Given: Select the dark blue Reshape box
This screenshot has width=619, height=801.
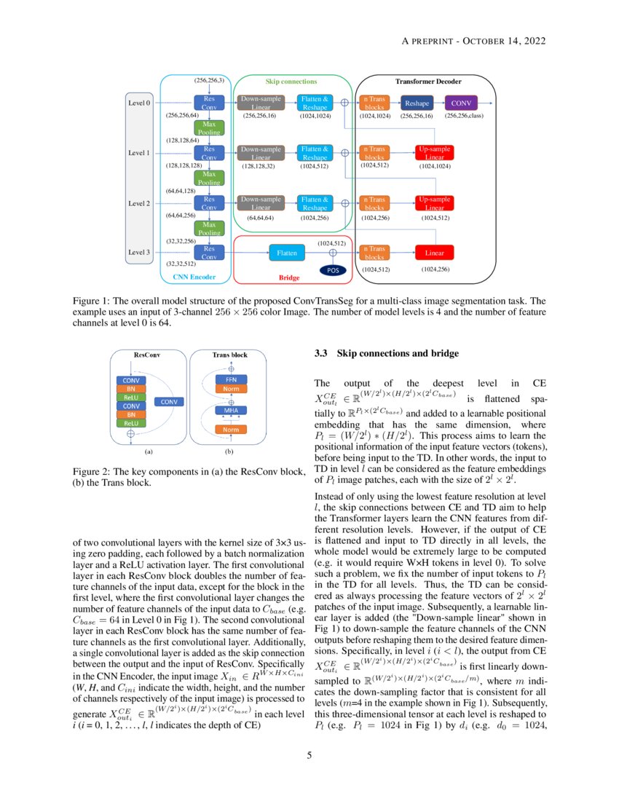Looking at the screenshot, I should (x=417, y=103).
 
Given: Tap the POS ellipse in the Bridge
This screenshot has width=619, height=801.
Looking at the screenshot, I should (x=334, y=270).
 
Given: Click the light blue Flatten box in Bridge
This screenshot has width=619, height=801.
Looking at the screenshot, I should (x=287, y=253).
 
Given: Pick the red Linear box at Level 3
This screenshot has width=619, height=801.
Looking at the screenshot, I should (x=435, y=253).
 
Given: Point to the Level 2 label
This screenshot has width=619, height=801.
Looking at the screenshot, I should (x=139, y=203).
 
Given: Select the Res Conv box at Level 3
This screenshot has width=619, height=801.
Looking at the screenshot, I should (x=209, y=253).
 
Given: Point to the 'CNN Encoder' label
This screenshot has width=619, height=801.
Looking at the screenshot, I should (x=194, y=277).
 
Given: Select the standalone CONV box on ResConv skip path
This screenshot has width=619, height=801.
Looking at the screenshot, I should (x=168, y=401).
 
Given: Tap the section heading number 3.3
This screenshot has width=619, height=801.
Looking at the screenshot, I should (x=321, y=354).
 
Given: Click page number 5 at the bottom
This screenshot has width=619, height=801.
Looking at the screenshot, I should (x=309, y=756).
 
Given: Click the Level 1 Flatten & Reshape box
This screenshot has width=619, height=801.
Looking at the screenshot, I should (x=316, y=153).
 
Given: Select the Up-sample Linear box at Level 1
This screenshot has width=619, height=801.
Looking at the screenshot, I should (x=435, y=153).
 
